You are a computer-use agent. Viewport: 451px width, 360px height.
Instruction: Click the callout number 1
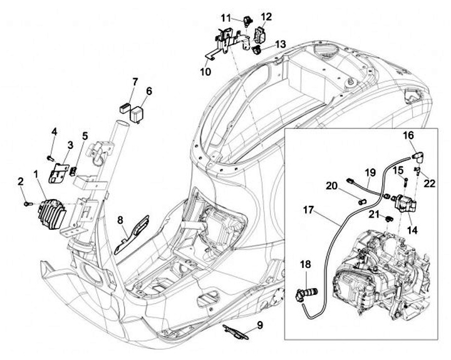(36, 172)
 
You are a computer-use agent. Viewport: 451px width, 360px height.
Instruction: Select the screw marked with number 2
(26, 202)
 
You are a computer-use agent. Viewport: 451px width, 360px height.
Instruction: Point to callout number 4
(54, 131)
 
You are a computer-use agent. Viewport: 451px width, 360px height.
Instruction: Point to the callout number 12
(266, 16)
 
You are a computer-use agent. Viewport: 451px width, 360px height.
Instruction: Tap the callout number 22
(429, 182)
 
